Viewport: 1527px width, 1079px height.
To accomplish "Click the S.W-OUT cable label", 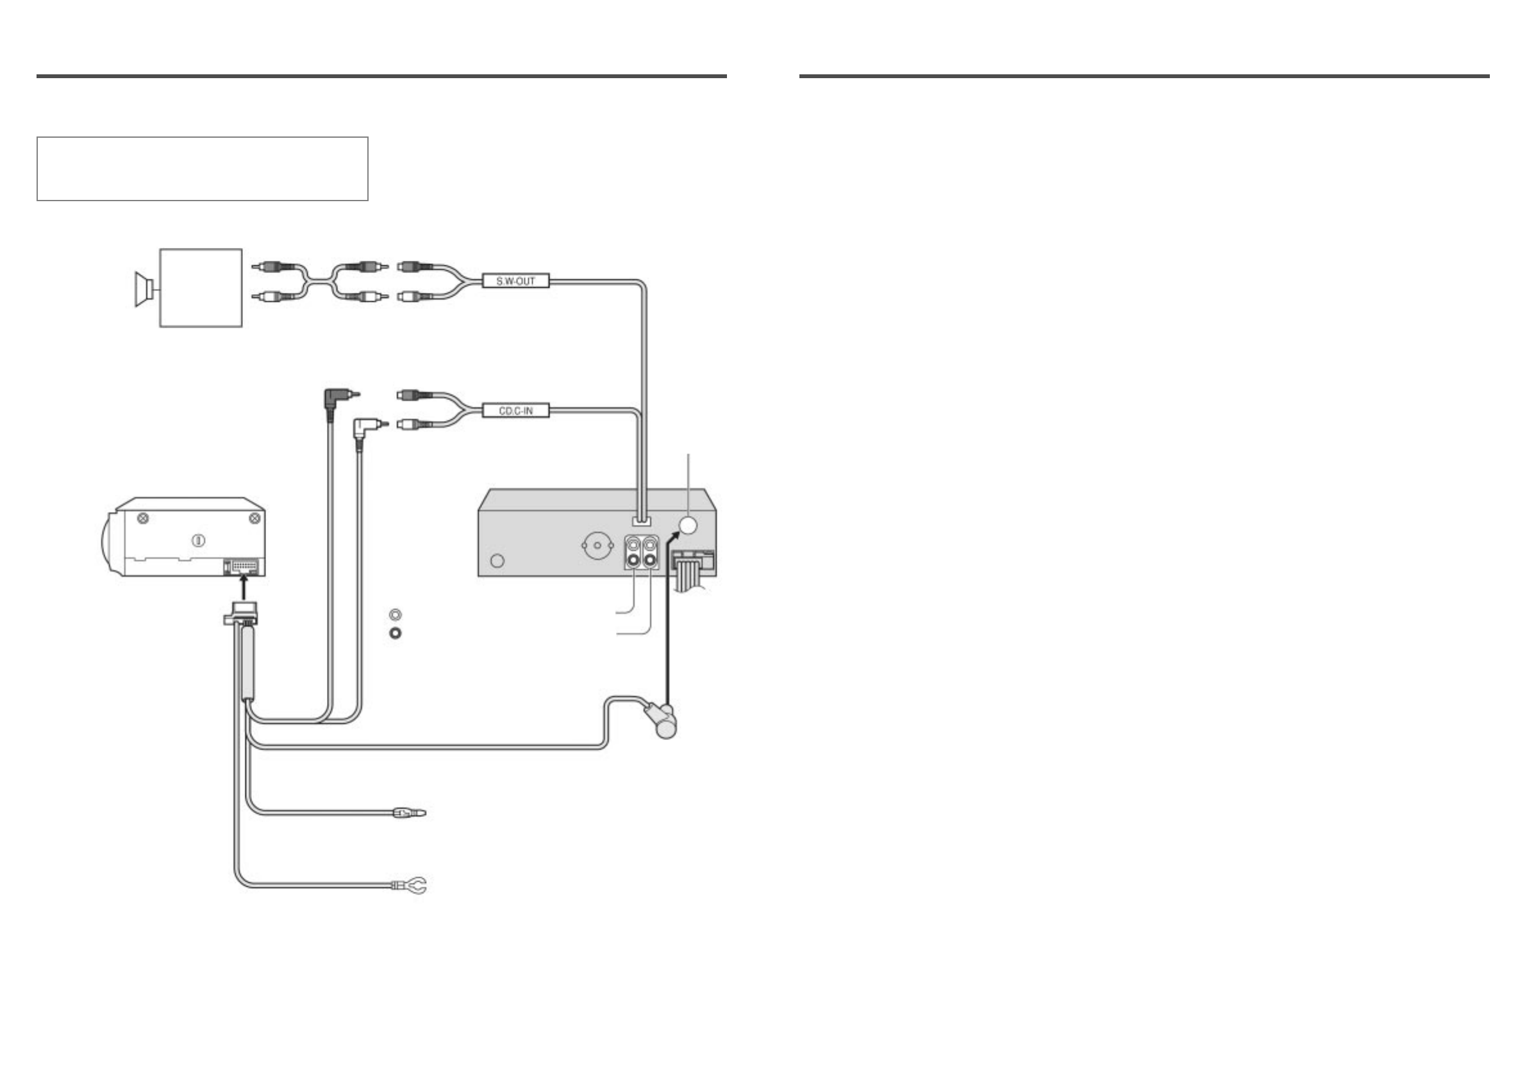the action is tap(515, 281).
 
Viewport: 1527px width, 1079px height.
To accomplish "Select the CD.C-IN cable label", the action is tap(515, 411).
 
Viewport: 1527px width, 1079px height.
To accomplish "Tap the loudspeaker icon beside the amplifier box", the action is tap(144, 288).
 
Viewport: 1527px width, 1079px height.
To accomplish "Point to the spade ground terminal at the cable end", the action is tap(412, 885).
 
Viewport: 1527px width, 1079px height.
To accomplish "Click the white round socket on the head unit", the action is tap(688, 525).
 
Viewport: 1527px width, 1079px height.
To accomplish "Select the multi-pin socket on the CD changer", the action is tap(246, 567).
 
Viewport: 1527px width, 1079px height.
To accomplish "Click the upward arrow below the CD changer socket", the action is tap(245, 588).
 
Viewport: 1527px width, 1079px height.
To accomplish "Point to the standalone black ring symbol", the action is tap(395, 632).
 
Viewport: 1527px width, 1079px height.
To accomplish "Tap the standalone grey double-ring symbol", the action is tap(395, 615).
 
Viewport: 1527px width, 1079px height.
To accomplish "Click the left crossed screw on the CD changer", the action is tap(142, 518).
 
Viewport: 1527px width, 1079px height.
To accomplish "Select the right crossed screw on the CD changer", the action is tap(253, 518).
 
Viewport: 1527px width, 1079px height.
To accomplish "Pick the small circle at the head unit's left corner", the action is tap(497, 561).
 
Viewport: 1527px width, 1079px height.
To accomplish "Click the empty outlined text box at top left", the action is tap(202, 169).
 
